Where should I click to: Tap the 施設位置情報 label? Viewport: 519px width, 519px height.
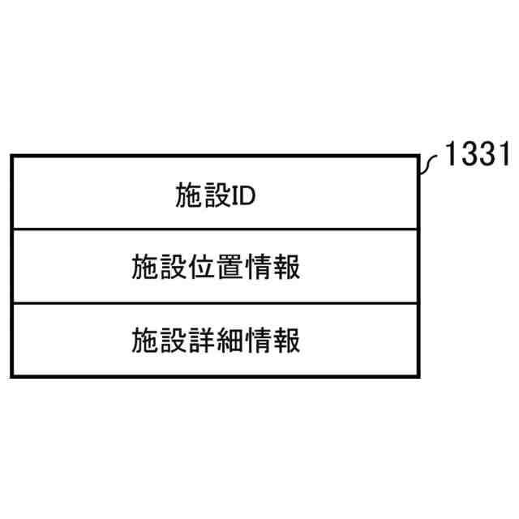tap(216, 267)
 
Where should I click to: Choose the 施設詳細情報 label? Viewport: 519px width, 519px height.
tap(216, 340)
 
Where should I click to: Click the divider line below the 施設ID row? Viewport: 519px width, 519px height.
tap(216, 229)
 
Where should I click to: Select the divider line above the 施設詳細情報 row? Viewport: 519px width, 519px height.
tap(216, 303)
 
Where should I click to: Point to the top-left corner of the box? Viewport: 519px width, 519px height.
tap(12, 157)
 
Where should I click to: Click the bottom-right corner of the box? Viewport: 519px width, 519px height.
tap(420, 375)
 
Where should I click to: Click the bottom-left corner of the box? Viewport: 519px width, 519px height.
tap(12, 375)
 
